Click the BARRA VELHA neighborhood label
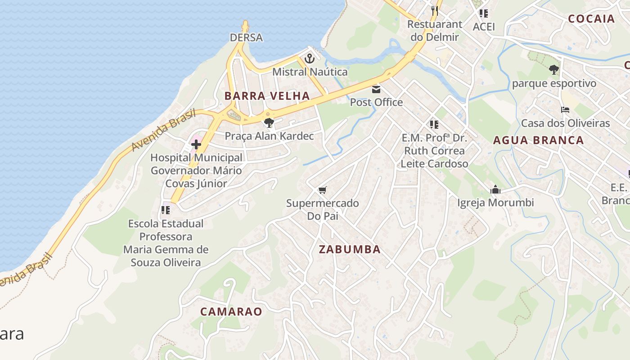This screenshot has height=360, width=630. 267,96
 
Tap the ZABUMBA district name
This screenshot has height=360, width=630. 350,249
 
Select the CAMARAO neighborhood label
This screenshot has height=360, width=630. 231,311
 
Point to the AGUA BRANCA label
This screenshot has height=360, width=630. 538,140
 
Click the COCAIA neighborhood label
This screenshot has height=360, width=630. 591,18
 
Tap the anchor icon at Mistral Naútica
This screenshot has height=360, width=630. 310,58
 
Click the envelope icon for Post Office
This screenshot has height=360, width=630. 376,89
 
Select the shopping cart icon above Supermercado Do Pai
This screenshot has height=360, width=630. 322,190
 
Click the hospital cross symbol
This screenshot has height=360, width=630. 196,144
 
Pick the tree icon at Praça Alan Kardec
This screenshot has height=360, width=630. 269,122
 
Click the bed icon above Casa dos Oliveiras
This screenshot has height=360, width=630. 565,110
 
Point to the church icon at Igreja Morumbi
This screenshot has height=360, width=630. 495,189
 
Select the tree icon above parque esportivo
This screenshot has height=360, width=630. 554,70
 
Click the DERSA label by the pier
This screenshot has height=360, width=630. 246,37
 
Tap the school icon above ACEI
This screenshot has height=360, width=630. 484,13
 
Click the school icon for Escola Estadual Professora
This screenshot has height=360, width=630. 166,210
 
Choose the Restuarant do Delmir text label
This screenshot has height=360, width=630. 435,31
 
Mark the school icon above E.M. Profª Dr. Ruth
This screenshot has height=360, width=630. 434,124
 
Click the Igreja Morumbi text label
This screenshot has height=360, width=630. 495,203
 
